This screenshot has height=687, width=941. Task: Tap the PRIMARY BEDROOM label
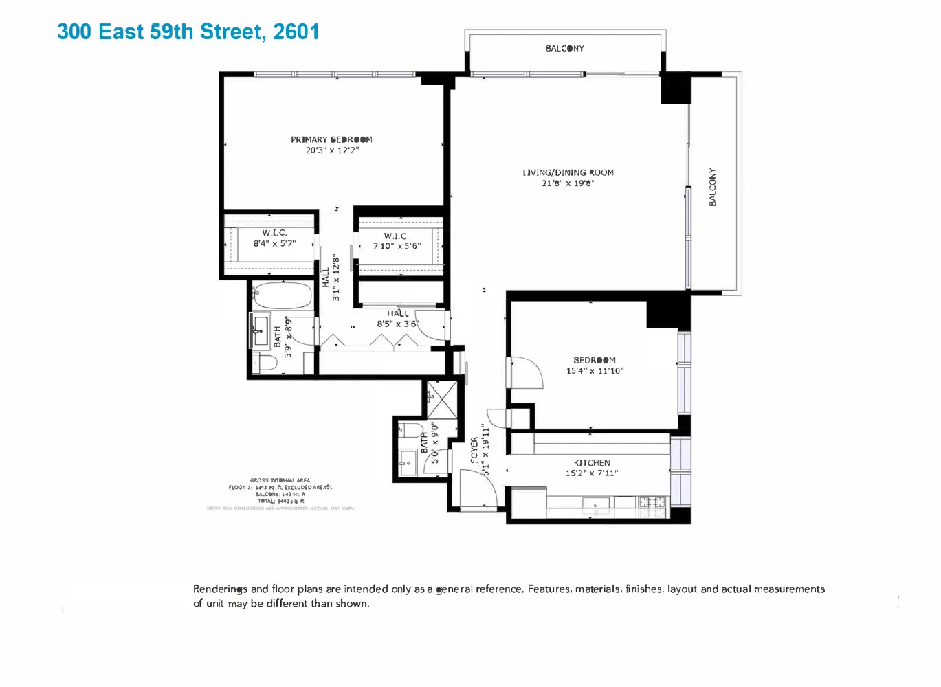pyautogui.click(x=331, y=139)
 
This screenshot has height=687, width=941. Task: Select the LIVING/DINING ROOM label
pyautogui.click(x=568, y=172)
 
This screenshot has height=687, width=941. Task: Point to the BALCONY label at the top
pyautogui.click(x=564, y=48)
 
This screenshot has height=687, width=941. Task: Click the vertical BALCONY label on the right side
pyautogui.click(x=713, y=187)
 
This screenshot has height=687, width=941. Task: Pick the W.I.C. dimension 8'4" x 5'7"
pyautogui.click(x=274, y=243)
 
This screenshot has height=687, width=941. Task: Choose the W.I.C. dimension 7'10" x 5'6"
pyautogui.click(x=397, y=246)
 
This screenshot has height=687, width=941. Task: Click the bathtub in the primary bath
pyautogui.click(x=282, y=296)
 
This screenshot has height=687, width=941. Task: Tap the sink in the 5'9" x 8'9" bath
pyautogui.click(x=260, y=331)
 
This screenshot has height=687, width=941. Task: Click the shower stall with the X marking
pyautogui.click(x=441, y=398)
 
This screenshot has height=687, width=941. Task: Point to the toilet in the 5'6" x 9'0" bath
pyautogui.click(x=412, y=431)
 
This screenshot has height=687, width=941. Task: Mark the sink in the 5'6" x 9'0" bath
pyautogui.click(x=408, y=462)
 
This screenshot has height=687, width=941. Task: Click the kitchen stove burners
pyautogui.click(x=652, y=502)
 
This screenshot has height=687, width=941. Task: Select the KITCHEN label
pyautogui.click(x=591, y=462)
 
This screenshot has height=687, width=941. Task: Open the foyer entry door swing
pyautogui.click(x=478, y=489)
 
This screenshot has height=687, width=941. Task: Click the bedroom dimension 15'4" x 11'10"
pyautogui.click(x=595, y=371)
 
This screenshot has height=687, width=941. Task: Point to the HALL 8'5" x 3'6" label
pyautogui.click(x=397, y=319)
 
